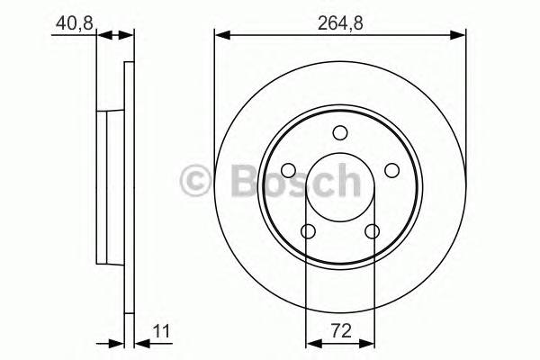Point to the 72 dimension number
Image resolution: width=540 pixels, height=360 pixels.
click(x=339, y=330)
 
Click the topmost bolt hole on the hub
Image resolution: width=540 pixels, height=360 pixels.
click(x=339, y=133)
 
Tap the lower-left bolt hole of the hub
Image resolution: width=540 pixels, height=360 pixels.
click(x=307, y=231)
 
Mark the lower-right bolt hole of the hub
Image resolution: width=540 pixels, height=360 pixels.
click(x=372, y=231)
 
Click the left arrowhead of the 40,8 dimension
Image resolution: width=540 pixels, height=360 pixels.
click(x=102, y=35)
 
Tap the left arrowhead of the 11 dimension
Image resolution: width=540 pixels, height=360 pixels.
click(x=117, y=342)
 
